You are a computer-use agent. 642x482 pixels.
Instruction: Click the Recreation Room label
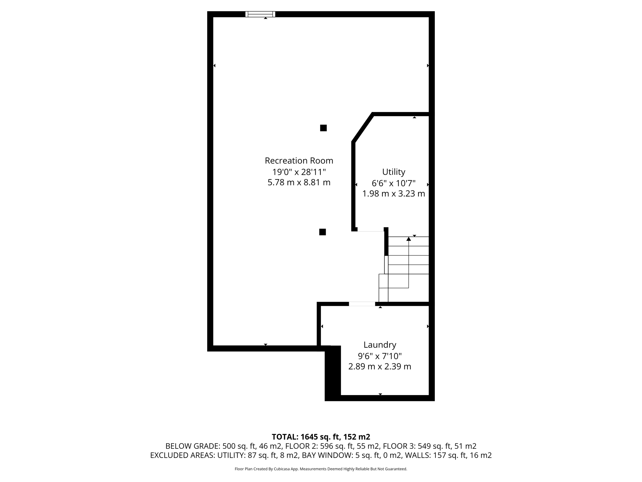(299, 161)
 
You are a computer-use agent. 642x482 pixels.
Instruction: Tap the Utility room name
(393, 172)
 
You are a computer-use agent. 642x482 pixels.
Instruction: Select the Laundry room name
(380, 345)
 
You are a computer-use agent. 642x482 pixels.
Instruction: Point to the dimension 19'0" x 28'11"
(299, 172)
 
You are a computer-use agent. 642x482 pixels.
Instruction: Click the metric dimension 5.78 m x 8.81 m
(299, 182)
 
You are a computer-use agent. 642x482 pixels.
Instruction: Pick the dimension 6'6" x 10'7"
(393, 183)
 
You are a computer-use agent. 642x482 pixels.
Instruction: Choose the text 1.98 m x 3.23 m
(393, 194)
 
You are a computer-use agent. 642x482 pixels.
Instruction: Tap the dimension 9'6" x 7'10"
(380, 356)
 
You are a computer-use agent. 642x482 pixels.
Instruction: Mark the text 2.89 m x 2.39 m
(380, 367)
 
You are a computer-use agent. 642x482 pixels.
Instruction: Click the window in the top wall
(260, 14)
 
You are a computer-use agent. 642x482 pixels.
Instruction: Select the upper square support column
(323, 128)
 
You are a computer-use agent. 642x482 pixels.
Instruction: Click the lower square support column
(322, 232)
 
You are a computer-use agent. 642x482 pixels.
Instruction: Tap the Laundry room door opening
(362, 304)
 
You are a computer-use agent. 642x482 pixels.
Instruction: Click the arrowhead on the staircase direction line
(408, 239)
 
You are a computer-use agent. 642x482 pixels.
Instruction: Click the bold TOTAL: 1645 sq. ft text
(321, 437)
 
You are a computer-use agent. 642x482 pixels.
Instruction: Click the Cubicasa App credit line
(321, 469)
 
